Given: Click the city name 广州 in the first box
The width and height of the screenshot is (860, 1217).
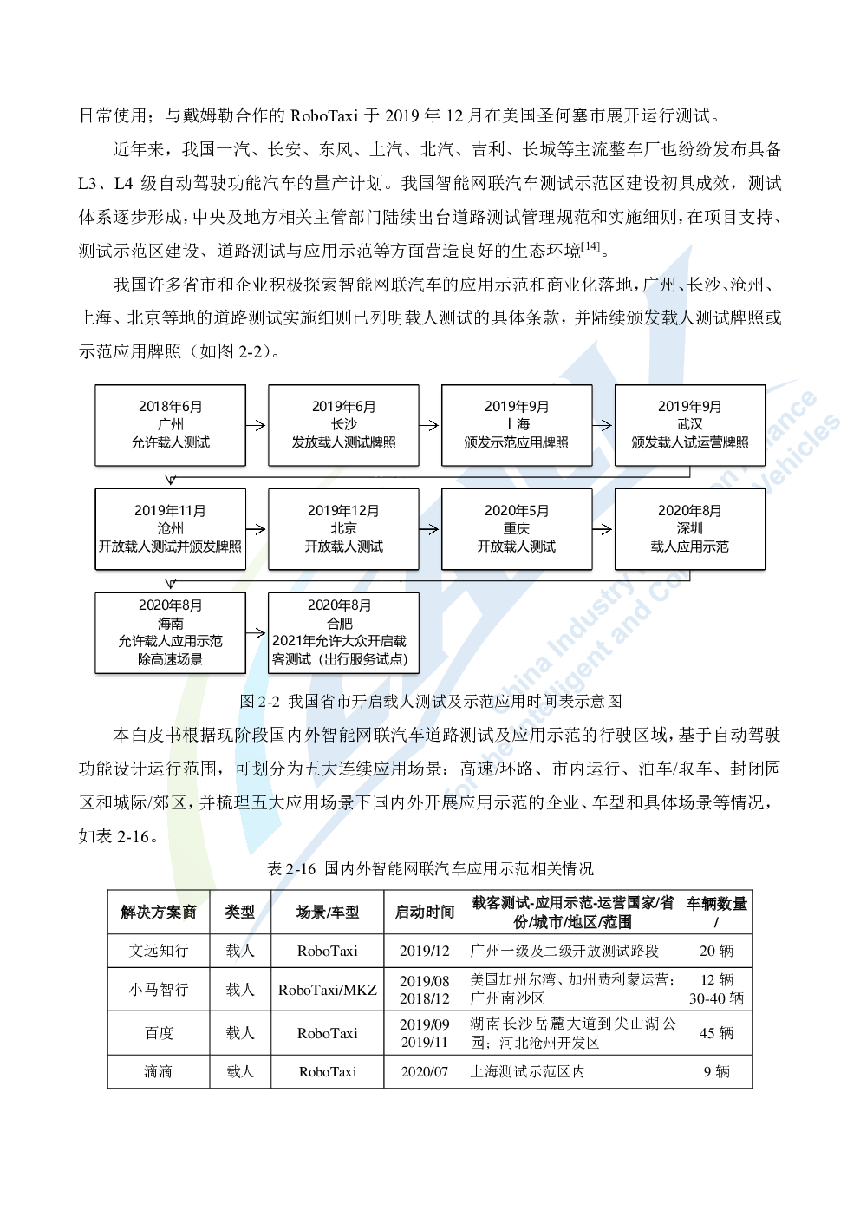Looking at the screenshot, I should [x=171, y=424].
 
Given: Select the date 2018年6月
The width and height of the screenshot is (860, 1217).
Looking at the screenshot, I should [x=171, y=406].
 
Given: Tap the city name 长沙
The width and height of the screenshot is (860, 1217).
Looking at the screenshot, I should [x=343, y=424].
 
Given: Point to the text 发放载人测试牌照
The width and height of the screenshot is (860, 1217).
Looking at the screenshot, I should [x=343, y=442].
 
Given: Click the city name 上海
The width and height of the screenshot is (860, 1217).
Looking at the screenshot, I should [x=517, y=424].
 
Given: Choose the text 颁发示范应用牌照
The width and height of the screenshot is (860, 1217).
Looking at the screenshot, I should [x=517, y=442].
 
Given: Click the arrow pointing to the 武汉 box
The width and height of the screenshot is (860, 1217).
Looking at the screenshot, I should [x=603, y=425].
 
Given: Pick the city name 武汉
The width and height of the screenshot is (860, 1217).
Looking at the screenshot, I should [x=690, y=424].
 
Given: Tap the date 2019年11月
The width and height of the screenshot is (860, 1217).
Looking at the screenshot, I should [x=170, y=510].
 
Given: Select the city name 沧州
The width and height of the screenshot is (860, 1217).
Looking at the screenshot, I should [x=171, y=528].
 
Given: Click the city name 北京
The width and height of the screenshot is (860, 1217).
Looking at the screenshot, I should [x=343, y=528].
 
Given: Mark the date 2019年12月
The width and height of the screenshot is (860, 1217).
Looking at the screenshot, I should [x=343, y=510].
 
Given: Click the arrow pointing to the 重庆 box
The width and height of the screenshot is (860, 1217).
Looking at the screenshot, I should [x=430, y=529].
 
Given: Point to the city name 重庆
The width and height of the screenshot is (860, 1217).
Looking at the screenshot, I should [x=517, y=528].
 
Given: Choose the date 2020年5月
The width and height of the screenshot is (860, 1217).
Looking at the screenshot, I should [x=517, y=510].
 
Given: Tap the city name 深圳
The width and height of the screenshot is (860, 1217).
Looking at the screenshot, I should [x=690, y=528].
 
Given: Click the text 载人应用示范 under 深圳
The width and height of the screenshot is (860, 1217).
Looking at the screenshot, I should [x=690, y=546].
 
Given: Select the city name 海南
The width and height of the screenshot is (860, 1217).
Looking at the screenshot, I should [x=171, y=623].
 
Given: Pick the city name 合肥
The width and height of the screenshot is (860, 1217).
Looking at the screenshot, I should [x=340, y=623].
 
